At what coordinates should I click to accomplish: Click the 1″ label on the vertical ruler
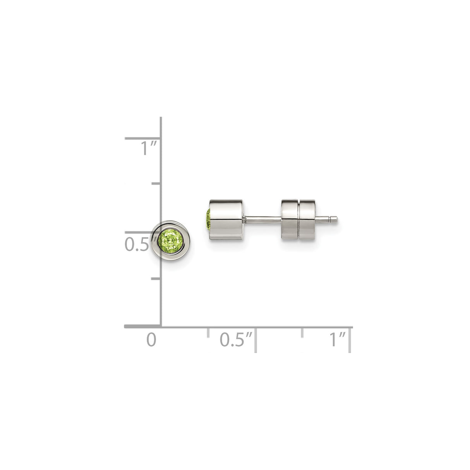pos(149,148)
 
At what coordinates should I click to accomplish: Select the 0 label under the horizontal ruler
pos(151,339)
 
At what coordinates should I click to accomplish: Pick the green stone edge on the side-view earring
pos(208,220)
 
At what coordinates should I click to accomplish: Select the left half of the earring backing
pos(289,220)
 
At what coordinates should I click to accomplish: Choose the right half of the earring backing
pos(308,220)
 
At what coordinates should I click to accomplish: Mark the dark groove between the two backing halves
pos(298,220)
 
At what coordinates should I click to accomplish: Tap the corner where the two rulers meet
pos(161,327)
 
